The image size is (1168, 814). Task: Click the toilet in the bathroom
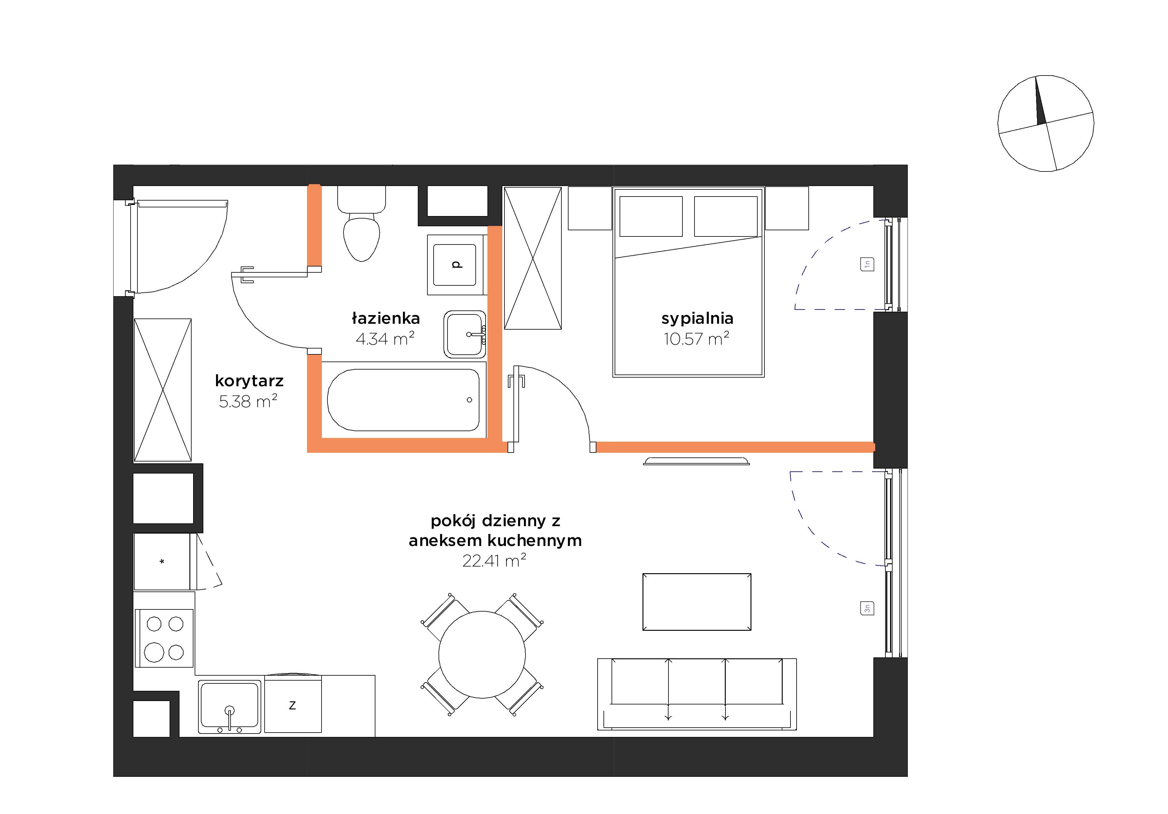pos(362,224)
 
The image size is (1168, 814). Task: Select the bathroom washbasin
pos(465,334)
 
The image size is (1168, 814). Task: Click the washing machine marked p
pos(456,265)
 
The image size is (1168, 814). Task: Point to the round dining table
pos(482,655)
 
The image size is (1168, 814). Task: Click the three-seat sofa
pos(697,695)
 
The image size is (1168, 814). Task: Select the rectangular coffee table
pos(697,602)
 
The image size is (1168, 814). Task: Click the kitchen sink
pos(229,707)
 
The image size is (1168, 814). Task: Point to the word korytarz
pos(249,381)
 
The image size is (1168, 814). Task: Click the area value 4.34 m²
pos(385,338)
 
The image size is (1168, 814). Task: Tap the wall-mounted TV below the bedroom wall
pos(697,461)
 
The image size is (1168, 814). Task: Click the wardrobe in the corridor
pos(163,390)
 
